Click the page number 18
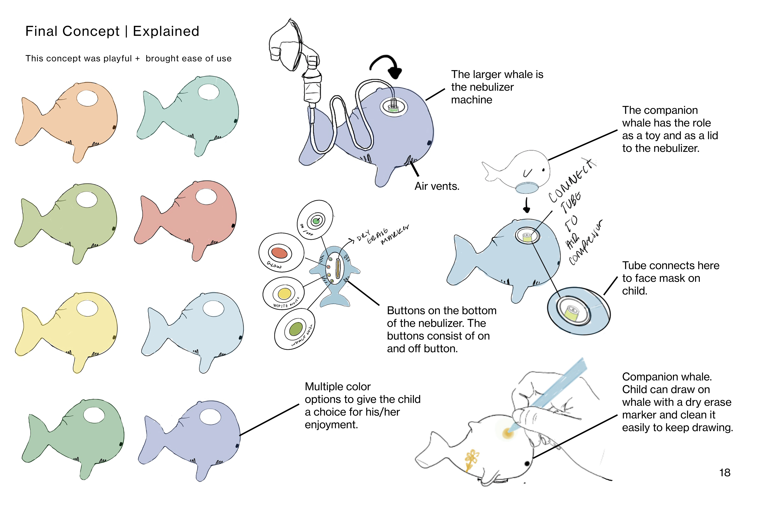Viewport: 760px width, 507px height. coord(724,473)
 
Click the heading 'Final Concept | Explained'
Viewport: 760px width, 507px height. coord(112,31)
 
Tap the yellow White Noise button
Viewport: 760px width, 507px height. coord(284,294)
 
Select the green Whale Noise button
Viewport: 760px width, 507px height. coord(295,329)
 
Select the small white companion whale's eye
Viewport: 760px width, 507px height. coord(543,170)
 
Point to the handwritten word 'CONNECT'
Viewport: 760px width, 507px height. coord(572,181)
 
